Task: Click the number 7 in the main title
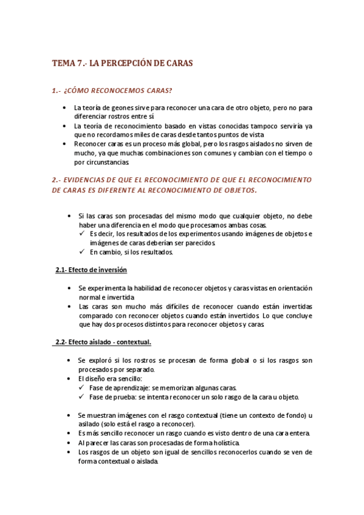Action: coord(80,63)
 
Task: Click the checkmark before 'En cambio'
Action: coord(83,252)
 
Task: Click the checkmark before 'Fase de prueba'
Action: coord(83,397)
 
